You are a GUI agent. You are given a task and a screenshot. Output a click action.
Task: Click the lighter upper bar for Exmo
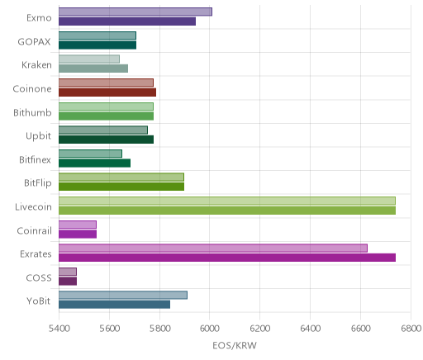pyautogui.click(x=135, y=12)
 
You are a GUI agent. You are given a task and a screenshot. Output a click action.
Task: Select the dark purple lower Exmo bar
pyautogui.click(x=127, y=21)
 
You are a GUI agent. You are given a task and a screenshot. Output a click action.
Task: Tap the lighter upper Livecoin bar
pyautogui.click(x=227, y=201)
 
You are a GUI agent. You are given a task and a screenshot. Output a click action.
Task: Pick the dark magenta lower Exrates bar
pyautogui.click(x=227, y=258)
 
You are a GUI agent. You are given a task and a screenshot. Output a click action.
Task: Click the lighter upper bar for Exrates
pyautogui.click(x=213, y=248)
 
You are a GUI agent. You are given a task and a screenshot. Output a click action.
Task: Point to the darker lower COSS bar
pyautogui.click(x=68, y=282)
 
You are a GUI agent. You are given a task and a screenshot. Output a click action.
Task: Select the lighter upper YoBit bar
pyautogui.click(x=123, y=295)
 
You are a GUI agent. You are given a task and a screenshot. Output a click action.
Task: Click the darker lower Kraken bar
pyautogui.click(x=93, y=69)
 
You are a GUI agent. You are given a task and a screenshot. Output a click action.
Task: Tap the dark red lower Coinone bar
pyautogui.click(x=107, y=92)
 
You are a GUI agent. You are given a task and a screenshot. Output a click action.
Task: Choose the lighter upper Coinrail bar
pyautogui.click(x=78, y=225)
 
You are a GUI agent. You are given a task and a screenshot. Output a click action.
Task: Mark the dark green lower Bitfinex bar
pyautogui.click(x=94, y=163)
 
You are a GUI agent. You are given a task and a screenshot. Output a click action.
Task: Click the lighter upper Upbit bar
pyautogui.click(x=103, y=130)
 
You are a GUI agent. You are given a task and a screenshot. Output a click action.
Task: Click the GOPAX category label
pyautogui.click(x=35, y=42)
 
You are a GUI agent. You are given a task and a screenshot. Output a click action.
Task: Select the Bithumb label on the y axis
pyautogui.click(x=32, y=112)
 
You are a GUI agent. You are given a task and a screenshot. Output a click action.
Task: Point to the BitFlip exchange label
pyautogui.click(x=38, y=183)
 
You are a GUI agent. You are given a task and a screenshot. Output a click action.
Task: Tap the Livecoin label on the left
pyautogui.click(x=33, y=206)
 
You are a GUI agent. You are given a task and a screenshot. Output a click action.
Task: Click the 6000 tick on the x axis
pyautogui.click(x=210, y=329)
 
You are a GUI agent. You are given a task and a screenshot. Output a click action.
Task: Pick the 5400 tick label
pyautogui.click(x=59, y=329)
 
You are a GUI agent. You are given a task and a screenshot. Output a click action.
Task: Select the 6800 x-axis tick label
pyautogui.click(x=411, y=329)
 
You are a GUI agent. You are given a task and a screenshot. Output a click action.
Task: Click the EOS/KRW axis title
pyautogui.click(x=235, y=345)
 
